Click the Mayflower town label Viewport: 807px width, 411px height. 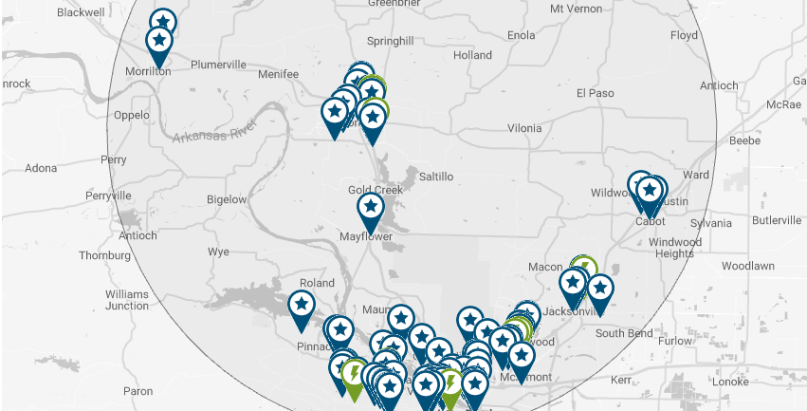(x=365, y=236)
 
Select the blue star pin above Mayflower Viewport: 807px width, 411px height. (x=371, y=207)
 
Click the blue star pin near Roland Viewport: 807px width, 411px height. (x=302, y=305)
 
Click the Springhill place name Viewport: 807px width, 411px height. (x=390, y=42)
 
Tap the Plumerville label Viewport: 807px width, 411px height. (x=218, y=65)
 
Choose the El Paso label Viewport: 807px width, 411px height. (x=596, y=93)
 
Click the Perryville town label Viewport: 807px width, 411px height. (x=107, y=196)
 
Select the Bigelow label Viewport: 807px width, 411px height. (x=226, y=199)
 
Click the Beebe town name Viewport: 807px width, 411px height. (x=744, y=140)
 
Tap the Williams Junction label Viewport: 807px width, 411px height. (x=127, y=300)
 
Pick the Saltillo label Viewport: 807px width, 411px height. (x=436, y=177)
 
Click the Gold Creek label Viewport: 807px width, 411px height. (x=376, y=190)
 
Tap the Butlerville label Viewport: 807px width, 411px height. (x=776, y=220)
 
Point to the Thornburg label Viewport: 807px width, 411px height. (x=103, y=255)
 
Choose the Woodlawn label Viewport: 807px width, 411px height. (x=748, y=266)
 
